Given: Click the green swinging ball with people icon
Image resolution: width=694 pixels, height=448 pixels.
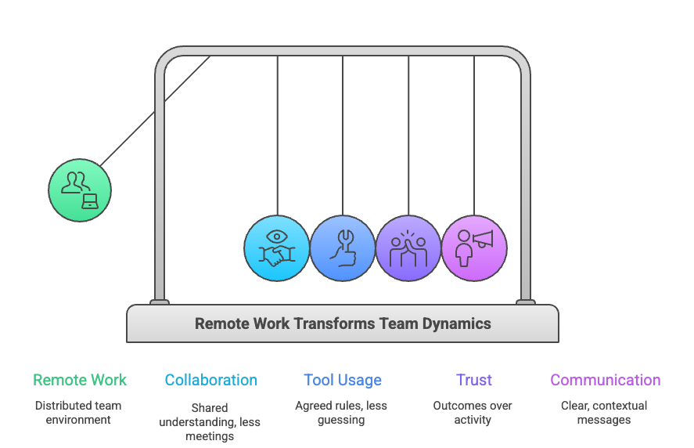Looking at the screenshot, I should coord(80,190).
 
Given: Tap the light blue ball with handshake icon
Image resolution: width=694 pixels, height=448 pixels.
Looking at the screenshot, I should coord(277,248).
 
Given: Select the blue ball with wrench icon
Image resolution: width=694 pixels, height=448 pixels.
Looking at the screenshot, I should coord(343,248).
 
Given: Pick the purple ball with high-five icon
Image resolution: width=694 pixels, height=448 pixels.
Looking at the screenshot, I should coord(408,248).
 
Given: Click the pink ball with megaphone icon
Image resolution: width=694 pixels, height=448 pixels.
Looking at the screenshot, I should coord(474,248).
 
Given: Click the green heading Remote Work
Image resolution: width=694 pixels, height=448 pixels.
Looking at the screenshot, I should coord(80,381).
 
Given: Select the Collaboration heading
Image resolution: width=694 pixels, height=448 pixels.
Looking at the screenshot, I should coord(211,381).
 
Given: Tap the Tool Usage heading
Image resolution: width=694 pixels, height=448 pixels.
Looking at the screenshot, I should coord(343,381).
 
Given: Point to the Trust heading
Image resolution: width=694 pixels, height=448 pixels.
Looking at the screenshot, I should coord(474,381).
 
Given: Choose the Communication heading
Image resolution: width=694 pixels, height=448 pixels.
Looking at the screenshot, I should coord(605,381).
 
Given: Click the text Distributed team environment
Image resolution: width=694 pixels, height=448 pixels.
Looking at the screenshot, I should coord(78,413).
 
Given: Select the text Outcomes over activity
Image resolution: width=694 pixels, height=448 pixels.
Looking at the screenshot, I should coord(473,413).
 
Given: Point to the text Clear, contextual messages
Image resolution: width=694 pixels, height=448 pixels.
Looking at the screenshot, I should coord(604,413).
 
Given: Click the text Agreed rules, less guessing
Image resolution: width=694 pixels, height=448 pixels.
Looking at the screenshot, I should coord(341,413).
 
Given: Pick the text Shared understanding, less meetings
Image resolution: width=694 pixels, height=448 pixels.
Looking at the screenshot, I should coord(210,421).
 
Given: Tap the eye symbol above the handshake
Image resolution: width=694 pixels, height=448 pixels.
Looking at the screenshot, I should coord(277,237).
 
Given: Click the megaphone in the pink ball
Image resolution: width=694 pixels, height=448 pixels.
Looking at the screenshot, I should coord(483,239).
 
